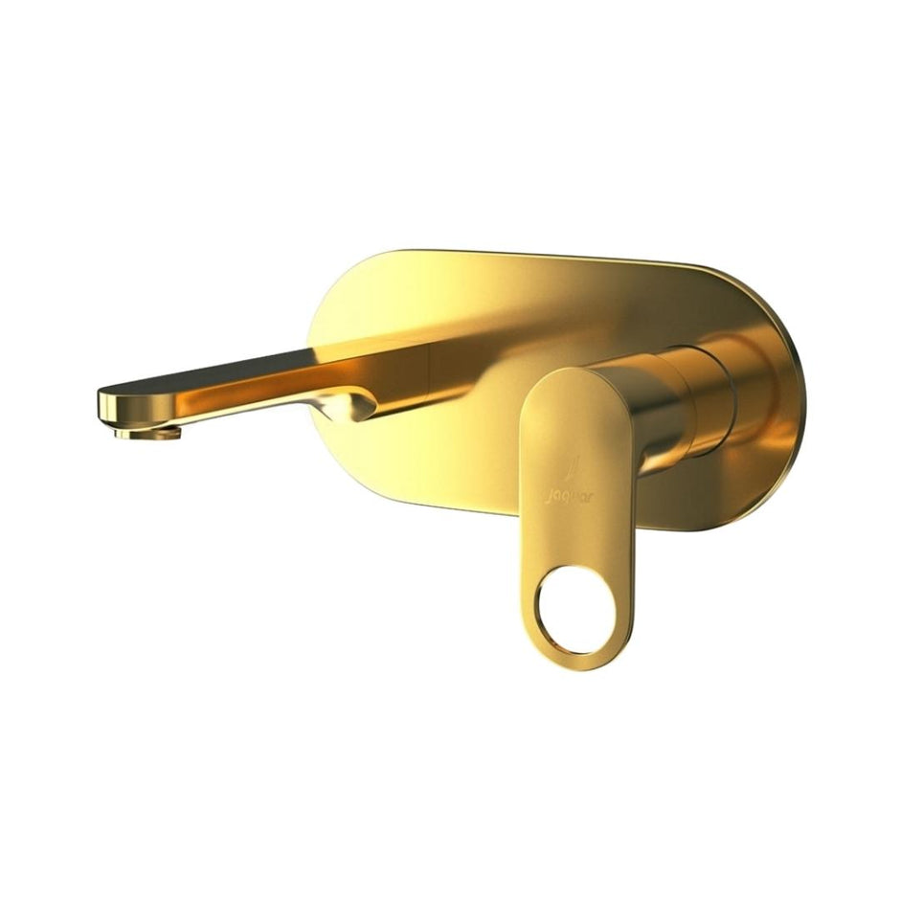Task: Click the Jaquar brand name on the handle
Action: click(569, 497)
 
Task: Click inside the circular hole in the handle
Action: click(571, 608)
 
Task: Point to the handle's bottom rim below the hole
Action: click(573, 659)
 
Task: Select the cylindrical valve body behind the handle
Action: click(670, 402)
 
